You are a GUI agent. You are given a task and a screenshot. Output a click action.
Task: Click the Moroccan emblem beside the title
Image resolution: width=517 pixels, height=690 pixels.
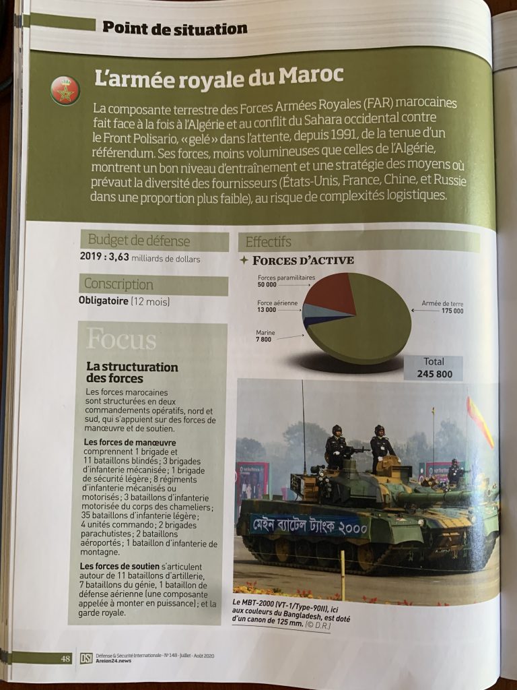[x=65, y=91]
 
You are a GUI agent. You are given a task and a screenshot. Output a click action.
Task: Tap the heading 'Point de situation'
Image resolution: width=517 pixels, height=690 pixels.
[x=174, y=28]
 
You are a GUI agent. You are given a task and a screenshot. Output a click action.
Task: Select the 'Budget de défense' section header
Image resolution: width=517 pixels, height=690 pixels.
[x=139, y=241]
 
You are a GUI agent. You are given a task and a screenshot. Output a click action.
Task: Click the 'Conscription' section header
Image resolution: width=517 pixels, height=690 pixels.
[x=118, y=284]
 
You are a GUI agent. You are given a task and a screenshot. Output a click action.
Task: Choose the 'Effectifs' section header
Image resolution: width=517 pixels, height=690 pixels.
[x=269, y=242]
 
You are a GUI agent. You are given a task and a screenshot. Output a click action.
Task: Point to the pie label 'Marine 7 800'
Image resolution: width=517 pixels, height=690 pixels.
[x=264, y=336]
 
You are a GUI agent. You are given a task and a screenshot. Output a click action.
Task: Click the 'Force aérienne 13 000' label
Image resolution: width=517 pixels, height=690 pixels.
[x=277, y=307]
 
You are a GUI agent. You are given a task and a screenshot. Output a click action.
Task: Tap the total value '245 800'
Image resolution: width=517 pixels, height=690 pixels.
[x=434, y=375]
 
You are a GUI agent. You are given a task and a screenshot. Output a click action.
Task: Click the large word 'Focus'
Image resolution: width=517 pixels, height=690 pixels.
[x=121, y=340]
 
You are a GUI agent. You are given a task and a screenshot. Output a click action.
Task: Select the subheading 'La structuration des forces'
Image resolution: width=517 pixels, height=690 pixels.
[x=132, y=373]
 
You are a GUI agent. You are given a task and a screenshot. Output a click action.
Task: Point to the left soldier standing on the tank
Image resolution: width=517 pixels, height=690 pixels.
[x=336, y=448]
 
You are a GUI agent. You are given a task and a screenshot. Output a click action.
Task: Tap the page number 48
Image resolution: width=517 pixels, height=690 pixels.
[x=65, y=658]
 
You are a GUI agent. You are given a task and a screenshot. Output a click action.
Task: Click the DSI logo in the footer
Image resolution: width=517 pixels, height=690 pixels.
[x=86, y=658]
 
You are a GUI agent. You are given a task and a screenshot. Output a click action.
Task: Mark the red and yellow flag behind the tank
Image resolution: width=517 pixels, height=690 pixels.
[x=480, y=421]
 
